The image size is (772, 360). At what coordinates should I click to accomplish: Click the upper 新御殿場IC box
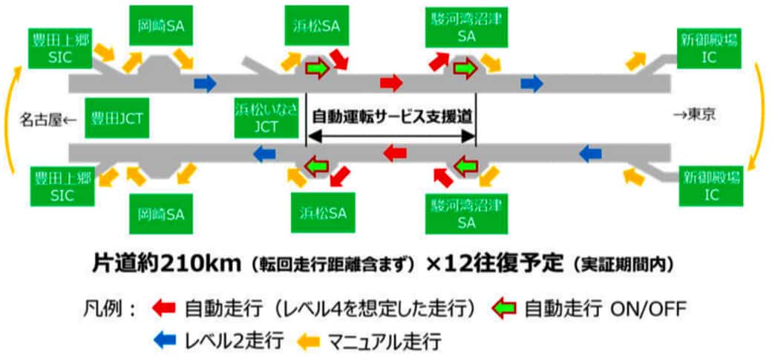[x=710, y=48]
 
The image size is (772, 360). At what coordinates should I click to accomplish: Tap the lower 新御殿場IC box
[x=710, y=187]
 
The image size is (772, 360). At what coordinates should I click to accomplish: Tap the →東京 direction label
[x=697, y=117]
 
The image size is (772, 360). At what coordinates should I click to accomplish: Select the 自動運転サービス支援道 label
[x=392, y=117]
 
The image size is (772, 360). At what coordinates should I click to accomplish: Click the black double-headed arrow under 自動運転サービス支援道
[x=391, y=137]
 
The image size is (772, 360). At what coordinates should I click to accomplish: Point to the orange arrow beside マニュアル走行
[x=310, y=341]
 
